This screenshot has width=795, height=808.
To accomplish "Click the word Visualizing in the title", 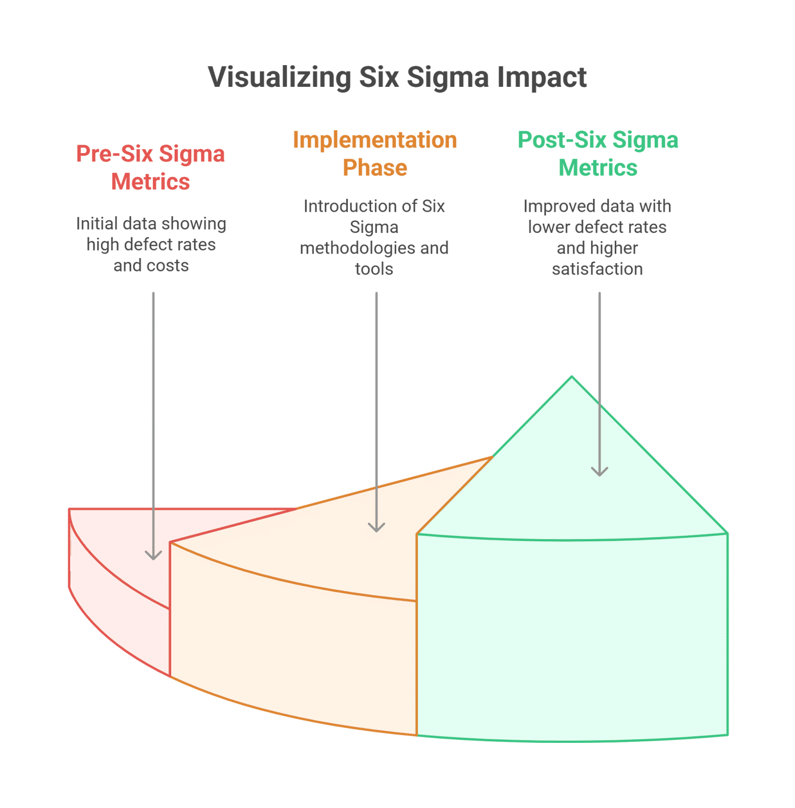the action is (279, 78).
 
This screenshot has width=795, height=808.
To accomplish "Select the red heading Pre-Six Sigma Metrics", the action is (150, 168).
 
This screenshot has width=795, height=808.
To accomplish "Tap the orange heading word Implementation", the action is (375, 140).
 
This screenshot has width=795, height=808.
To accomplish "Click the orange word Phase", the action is (375, 168).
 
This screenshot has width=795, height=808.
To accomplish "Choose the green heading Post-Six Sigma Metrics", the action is (598, 154).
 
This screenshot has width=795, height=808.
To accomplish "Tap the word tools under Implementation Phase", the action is (374, 269).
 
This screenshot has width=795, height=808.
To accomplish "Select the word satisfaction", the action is (597, 269).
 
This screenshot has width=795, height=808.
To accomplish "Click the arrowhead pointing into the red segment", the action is (153, 555).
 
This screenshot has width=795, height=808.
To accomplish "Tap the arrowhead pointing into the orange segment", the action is (377, 527).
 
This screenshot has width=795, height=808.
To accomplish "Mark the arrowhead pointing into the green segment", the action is (600, 471).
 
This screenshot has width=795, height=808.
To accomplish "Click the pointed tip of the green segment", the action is (572, 377).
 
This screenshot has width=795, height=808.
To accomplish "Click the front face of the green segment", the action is (572, 639).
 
